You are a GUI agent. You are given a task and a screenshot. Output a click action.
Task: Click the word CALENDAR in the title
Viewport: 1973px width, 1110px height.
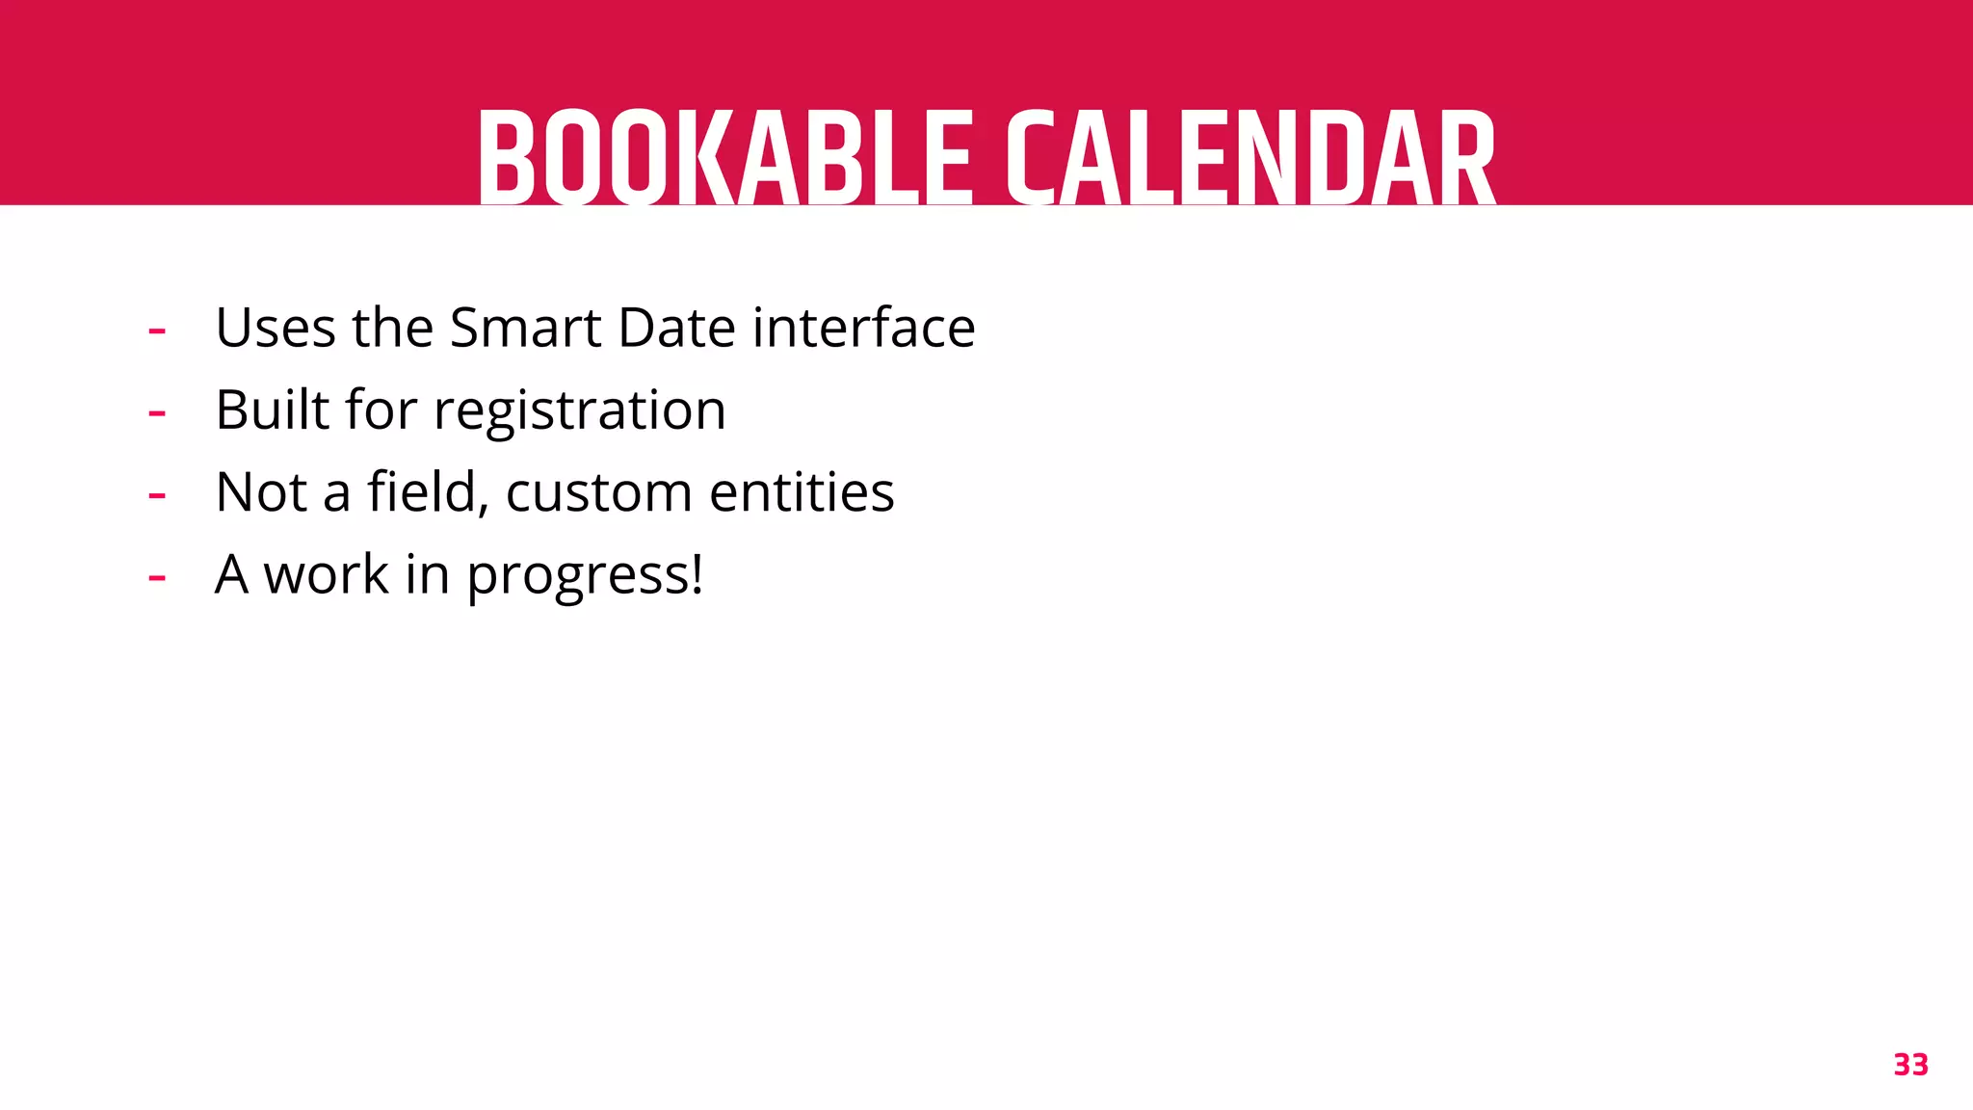click(x=1250, y=159)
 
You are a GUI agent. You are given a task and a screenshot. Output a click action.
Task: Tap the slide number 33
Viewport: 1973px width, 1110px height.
click(x=1910, y=1065)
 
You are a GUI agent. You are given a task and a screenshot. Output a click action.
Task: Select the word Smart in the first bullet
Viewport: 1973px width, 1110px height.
click(x=525, y=328)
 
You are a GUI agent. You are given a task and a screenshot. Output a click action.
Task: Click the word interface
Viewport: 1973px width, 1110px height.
click(x=863, y=328)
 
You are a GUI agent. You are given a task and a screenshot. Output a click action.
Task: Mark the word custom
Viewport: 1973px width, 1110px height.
click(x=598, y=492)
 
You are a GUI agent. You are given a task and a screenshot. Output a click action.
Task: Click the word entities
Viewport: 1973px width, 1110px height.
click(x=802, y=492)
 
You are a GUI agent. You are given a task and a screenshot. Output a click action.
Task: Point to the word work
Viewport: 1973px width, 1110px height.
click(x=327, y=575)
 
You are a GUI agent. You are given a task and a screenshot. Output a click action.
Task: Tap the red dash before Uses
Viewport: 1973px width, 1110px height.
click(x=157, y=330)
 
